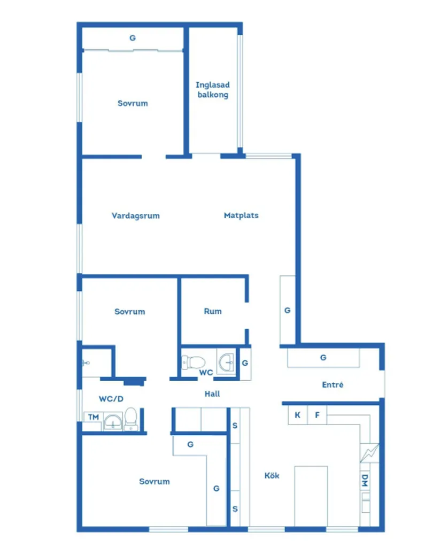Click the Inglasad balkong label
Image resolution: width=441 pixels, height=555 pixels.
pyautogui.click(x=213, y=90)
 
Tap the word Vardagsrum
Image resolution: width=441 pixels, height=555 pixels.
pyautogui.click(x=136, y=216)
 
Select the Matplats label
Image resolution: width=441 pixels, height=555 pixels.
pyautogui.click(x=241, y=215)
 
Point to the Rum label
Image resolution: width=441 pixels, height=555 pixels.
pyautogui.click(x=213, y=311)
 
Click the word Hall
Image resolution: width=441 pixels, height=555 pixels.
pyautogui.click(x=212, y=394)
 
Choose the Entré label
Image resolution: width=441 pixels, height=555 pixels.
pyautogui.click(x=332, y=384)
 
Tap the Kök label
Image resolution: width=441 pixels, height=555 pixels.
pyautogui.click(x=272, y=475)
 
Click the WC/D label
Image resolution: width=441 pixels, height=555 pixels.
pyautogui.click(x=111, y=399)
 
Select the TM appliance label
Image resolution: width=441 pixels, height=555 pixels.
pyautogui.click(x=94, y=417)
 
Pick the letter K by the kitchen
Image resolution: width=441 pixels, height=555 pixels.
pyautogui.click(x=297, y=415)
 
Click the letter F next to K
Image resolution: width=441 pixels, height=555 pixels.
pyautogui.click(x=317, y=415)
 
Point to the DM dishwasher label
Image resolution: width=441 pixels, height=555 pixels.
pyautogui.click(x=365, y=480)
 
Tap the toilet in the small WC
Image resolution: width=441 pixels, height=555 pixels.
pyautogui.click(x=193, y=363)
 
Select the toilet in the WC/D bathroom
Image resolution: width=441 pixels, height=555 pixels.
pyautogui.click(x=131, y=419)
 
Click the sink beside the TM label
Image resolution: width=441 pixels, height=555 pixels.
pyautogui.click(x=113, y=421)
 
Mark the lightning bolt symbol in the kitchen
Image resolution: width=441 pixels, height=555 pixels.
pyautogui.click(x=369, y=453)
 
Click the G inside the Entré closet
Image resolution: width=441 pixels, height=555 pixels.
pyautogui.click(x=323, y=358)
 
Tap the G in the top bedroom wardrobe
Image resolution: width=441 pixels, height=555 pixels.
pyautogui.click(x=133, y=38)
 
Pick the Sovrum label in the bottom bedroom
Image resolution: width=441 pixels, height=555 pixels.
pyautogui.click(x=154, y=481)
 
